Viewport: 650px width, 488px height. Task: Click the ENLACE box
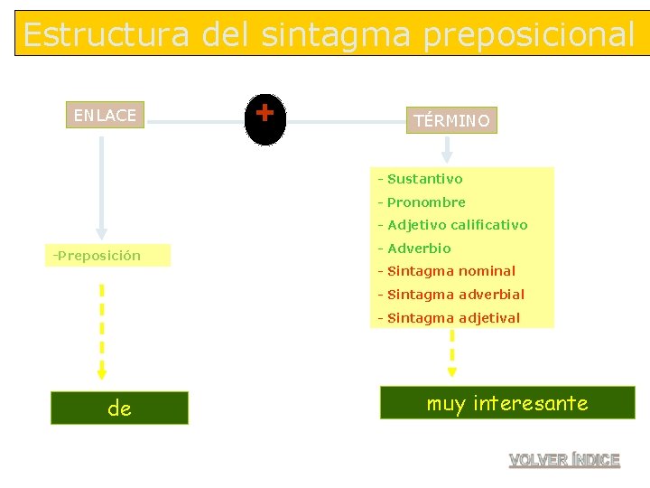click(105, 115)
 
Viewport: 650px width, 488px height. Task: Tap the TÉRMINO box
click(451, 120)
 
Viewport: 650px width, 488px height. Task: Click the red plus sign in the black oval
click(265, 114)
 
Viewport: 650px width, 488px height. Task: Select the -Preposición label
click(97, 256)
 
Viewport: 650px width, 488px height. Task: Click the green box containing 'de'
click(119, 408)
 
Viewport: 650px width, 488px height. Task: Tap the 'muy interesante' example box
click(506, 403)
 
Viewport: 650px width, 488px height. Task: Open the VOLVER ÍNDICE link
click(564, 460)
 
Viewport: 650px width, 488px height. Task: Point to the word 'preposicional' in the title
click(529, 34)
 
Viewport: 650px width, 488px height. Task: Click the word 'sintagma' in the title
click(336, 34)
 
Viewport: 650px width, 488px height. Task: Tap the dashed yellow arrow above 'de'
click(102, 331)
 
